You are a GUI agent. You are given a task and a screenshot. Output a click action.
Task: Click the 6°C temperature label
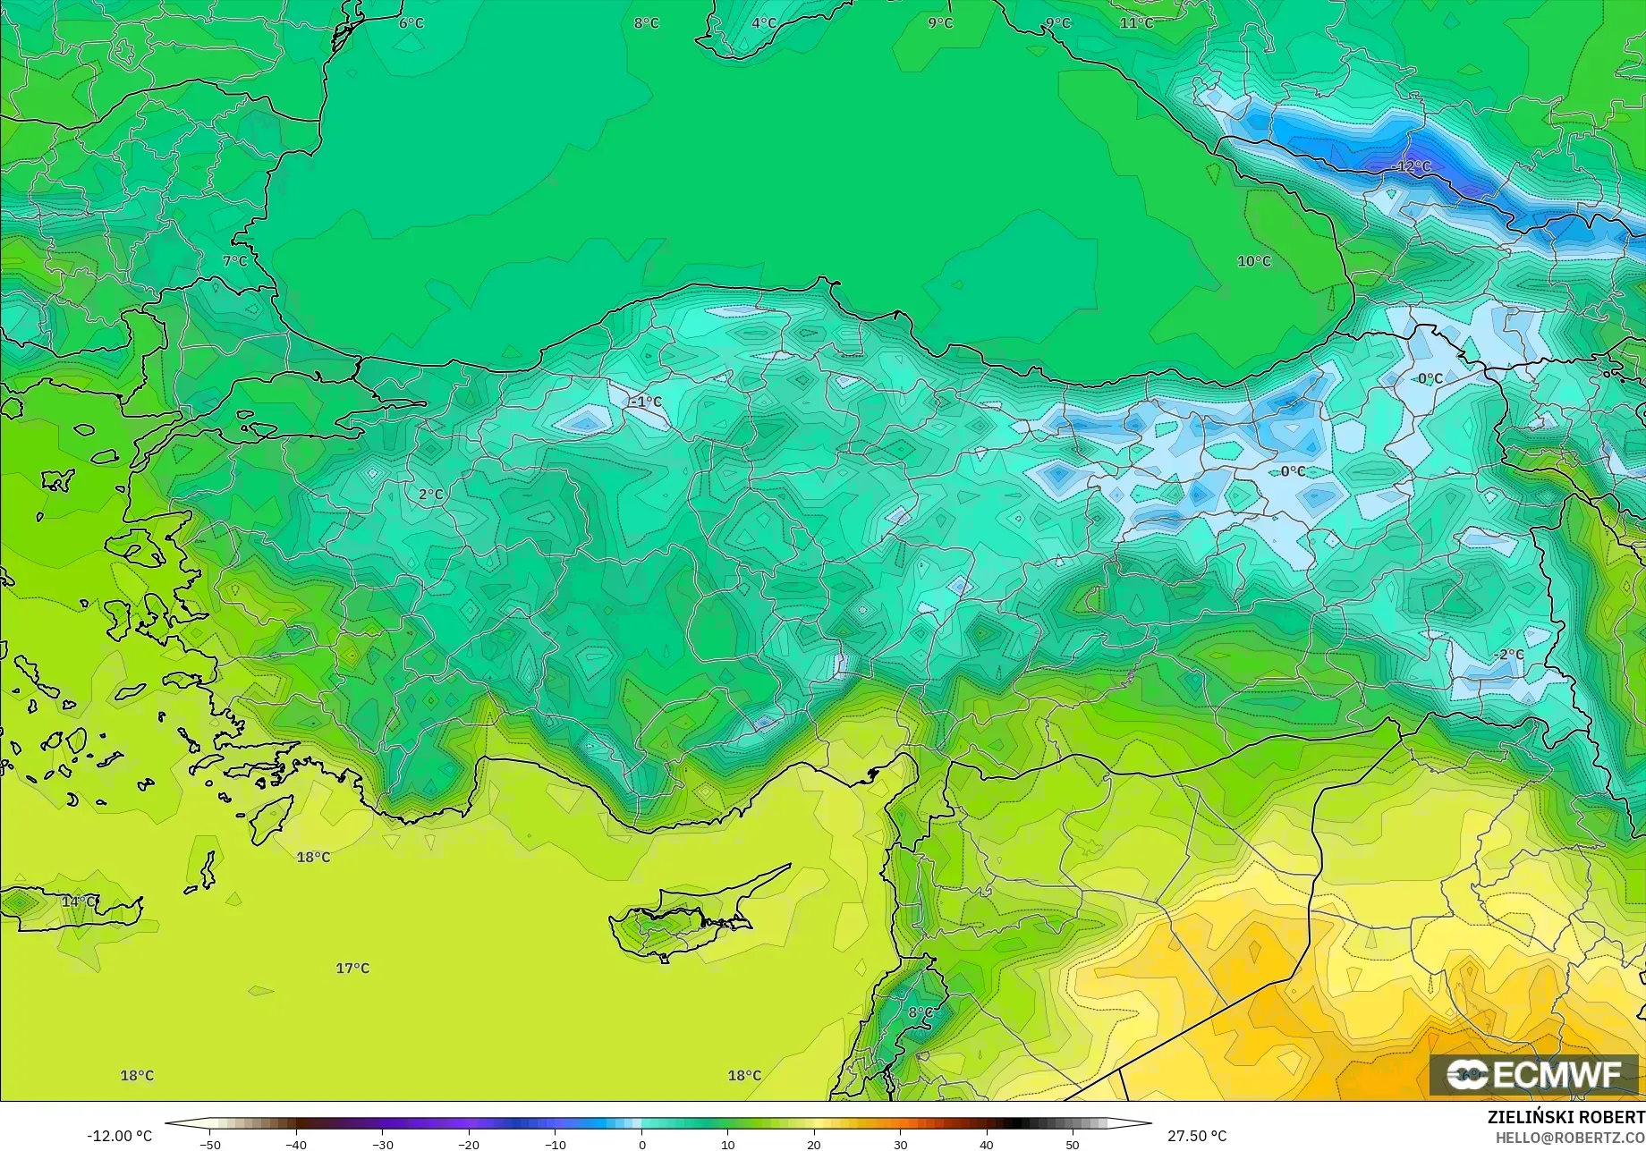pyautogui.click(x=411, y=22)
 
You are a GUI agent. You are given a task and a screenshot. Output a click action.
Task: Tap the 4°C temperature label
pyautogui.click(x=763, y=22)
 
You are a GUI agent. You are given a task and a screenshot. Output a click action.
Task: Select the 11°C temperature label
pyautogui.click(x=1136, y=22)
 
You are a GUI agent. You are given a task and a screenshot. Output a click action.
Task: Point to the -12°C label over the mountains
pyautogui.click(x=1413, y=166)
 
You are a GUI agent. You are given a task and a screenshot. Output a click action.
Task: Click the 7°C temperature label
pyautogui.click(x=234, y=261)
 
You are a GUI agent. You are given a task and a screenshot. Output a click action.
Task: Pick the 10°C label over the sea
pyautogui.click(x=1253, y=261)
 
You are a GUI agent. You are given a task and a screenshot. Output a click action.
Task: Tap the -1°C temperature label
pyautogui.click(x=646, y=402)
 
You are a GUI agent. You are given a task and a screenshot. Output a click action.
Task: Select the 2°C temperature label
pyautogui.click(x=430, y=494)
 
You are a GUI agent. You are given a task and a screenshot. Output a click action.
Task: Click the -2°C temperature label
pyautogui.click(x=1508, y=655)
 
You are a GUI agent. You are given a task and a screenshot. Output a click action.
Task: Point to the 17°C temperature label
pyautogui.click(x=352, y=968)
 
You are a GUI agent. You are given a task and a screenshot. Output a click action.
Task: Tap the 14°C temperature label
pyautogui.click(x=79, y=901)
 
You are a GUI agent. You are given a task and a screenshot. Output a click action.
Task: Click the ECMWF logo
pyautogui.click(x=1533, y=1074)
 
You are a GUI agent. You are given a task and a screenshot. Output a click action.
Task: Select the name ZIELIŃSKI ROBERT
pyautogui.click(x=1565, y=1117)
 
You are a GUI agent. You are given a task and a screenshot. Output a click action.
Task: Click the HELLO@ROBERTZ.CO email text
pyautogui.click(x=1570, y=1138)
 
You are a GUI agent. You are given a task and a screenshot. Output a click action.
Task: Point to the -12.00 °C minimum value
pyautogui.click(x=119, y=1136)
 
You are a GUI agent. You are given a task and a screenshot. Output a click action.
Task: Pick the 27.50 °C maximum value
pyautogui.click(x=1197, y=1136)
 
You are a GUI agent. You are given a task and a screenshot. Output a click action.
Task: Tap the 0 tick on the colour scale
pyautogui.click(x=641, y=1144)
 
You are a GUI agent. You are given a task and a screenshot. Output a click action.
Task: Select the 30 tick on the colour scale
pyautogui.click(x=900, y=1144)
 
